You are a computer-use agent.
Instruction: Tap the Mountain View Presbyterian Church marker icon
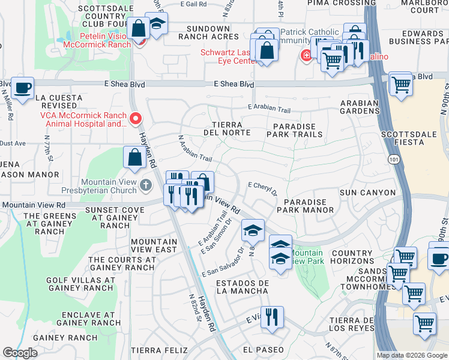(146, 184)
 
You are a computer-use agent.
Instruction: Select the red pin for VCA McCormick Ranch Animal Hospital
(136, 118)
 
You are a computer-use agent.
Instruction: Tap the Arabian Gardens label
(360, 107)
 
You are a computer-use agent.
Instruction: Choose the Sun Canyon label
(367, 193)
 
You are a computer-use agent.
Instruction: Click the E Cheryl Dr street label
(262, 189)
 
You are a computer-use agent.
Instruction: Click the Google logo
(20, 353)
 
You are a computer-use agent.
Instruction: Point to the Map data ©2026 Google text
(411, 355)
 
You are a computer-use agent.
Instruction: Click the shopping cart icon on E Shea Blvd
(401, 83)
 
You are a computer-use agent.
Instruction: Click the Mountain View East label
(154, 245)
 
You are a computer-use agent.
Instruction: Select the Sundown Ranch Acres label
(208, 32)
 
